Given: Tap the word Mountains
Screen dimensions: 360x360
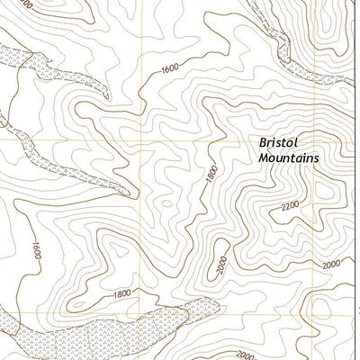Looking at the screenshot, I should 288,157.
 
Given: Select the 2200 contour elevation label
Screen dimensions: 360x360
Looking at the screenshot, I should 291,206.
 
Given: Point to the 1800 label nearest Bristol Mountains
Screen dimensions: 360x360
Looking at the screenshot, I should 211,177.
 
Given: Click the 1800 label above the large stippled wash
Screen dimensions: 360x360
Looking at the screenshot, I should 122,293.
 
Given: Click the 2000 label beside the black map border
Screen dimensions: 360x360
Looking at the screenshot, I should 331,263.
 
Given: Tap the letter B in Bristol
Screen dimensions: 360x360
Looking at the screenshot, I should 264,142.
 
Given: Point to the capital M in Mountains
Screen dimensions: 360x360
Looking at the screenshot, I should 264,157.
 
